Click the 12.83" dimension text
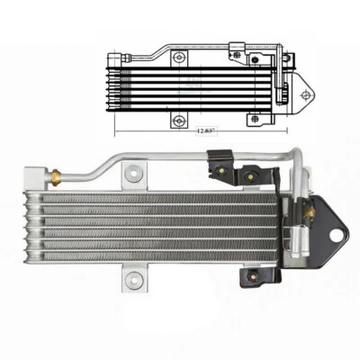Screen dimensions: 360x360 205,130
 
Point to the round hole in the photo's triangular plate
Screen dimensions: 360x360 339,235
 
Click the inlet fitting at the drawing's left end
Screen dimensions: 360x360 102,57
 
